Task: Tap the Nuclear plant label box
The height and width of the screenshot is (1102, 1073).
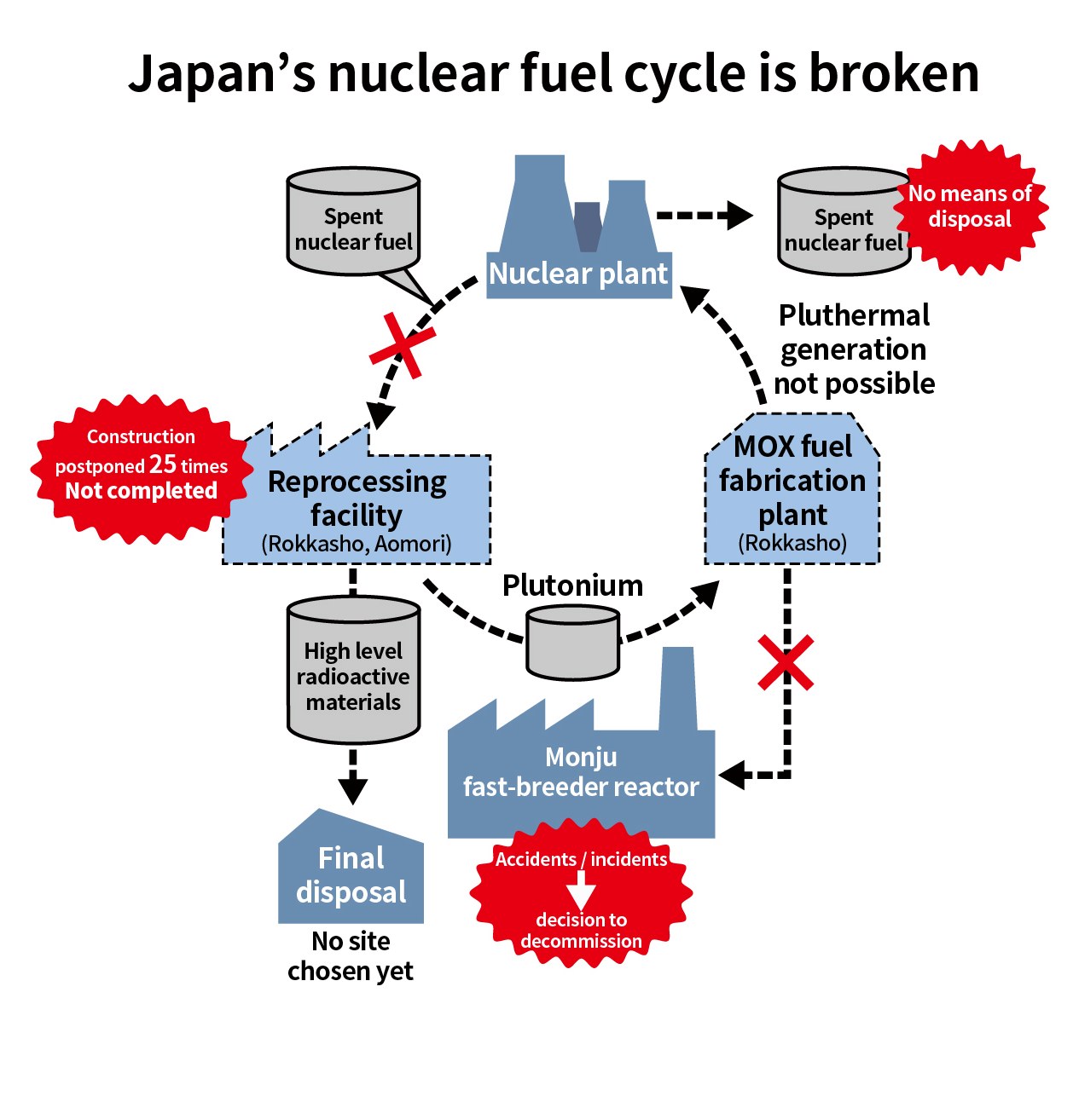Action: click(x=578, y=274)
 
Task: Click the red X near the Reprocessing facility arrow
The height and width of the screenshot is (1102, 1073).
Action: click(x=402, y=345)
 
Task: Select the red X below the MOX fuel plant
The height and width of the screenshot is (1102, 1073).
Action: click(x=786, y=662)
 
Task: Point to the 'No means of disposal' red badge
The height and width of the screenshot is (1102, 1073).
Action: click(x=971, y=207)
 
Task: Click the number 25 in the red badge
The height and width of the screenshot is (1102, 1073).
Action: click(x=163, y=464)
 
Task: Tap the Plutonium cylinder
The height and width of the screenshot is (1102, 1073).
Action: click(x=572, y=643)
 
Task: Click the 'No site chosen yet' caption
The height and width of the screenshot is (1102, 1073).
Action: click(x=351, y=955)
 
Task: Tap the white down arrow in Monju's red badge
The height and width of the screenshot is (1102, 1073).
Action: click(x=581, y=891)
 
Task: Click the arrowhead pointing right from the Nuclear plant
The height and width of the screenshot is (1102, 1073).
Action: click(x=737, y=216)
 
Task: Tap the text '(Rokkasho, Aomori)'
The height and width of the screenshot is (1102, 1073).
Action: click(x=357, y=544)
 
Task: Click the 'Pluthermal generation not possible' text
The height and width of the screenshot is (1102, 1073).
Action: click(x=854, y=349)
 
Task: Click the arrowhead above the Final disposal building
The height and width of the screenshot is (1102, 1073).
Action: click(x=352, y=790)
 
